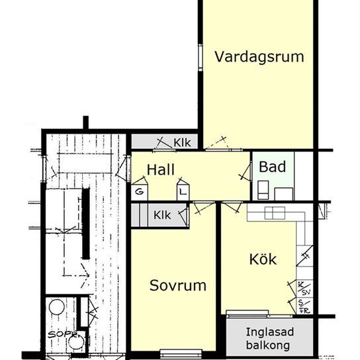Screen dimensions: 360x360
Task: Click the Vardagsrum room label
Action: click(259, 56)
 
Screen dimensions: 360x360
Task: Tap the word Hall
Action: click(161, 169)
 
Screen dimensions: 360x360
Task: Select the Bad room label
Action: click(272, 167)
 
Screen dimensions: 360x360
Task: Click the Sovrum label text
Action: click(177, 286)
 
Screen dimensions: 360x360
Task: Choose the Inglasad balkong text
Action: click(269, 337)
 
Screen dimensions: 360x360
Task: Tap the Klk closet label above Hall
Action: click(183, 142)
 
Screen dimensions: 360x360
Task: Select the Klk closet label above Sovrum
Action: click(161, 215)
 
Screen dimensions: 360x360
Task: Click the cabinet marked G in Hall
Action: click(140, 191)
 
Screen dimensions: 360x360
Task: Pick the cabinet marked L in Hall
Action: click(182, 191)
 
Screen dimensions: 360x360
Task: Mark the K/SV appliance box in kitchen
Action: click(304, 288)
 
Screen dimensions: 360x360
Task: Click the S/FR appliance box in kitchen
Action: click(304, 306)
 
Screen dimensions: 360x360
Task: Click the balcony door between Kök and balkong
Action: click(247, 312)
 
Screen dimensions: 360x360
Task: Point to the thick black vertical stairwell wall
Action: click(85, 222)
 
